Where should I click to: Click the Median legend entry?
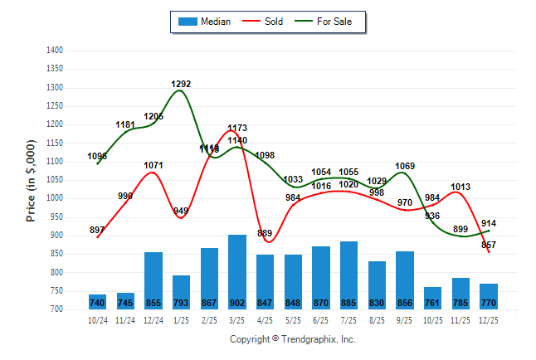click(204, 22)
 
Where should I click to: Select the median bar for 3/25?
click(237, 272)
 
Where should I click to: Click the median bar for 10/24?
click(98, 302)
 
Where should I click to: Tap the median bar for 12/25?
click(488, 296)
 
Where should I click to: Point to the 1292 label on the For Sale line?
click(181, 84)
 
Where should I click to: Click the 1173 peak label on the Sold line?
click(237, 129)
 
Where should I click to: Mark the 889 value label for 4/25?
click(265, 233)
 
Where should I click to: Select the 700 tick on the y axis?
click(56, 309)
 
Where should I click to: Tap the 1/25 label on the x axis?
click(181, 319)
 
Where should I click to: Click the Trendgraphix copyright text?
click(292, 339)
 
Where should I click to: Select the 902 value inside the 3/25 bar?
click(237, 303)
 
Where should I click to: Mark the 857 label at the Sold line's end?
click(488, 245)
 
